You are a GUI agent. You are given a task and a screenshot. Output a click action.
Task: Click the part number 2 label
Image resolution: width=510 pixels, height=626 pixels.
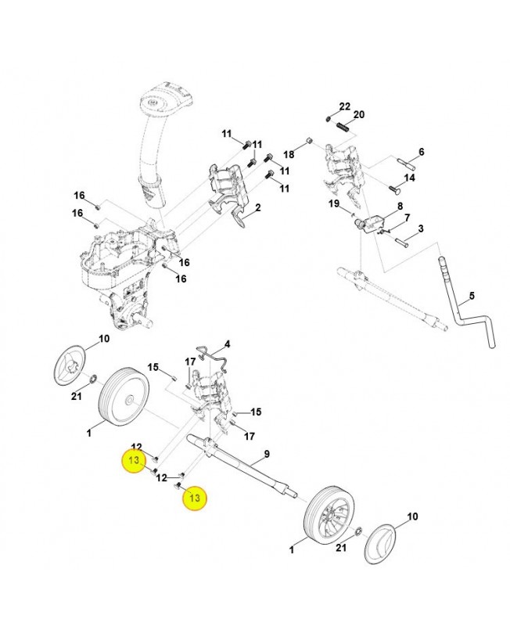click(x=257, y=207)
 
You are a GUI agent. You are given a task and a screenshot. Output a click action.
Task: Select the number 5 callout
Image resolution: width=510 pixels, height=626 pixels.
click(x=472, y=297)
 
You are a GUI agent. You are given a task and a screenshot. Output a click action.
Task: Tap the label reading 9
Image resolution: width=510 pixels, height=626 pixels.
click(x=266, y=455)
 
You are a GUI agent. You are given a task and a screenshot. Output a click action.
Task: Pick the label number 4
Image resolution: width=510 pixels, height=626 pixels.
click(x=227, y=344)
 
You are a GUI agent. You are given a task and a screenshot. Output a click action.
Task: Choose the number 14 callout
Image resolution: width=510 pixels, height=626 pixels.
click(x=409, y=178)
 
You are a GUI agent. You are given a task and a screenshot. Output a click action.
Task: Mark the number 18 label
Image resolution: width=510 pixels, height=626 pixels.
click(x=288, y=154)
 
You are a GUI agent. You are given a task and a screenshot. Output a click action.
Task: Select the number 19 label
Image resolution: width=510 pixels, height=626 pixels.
click(x=334, y=204)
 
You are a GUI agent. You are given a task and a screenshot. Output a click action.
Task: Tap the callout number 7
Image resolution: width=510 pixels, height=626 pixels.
click(x=408, y=217)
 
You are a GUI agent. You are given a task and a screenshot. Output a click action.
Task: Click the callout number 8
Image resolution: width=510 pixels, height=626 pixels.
click(x=400, y=207)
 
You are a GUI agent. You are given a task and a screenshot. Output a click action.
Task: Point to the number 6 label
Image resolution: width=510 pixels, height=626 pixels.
click(x=421, y=152)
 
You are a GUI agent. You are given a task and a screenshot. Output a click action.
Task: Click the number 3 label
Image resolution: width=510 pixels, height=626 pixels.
click(x=420, y=228)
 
